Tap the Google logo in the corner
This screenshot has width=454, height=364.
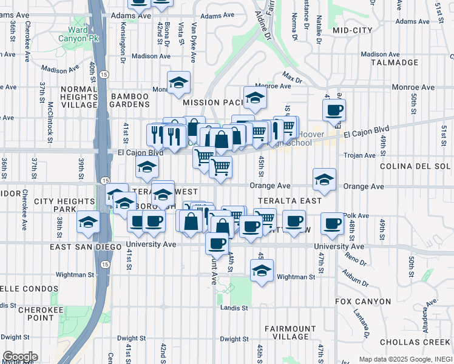pyautogui.click(x=19, y=357)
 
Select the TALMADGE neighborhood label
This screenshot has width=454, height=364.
pyautogui.click(x=399, y=62)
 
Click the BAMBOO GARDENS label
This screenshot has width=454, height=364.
pyautogui.click(x=129, y=101)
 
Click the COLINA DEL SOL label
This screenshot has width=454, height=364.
pyautogui.click(x=416, y=166)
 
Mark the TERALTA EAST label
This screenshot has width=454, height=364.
pyautogui.click(x=281, y=200)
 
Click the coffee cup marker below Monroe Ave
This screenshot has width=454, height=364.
pyautogui.click(x=334, y=111)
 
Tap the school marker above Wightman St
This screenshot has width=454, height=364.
pyautogui.click(x=262, y=271)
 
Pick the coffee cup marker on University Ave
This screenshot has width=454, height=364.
pyautogui.click(x=216, y=244)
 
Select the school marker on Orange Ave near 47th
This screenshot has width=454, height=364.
pyautogui.click(x=325, y=180)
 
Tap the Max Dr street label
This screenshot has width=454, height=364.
pyautogui.click(x=292, y=78)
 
